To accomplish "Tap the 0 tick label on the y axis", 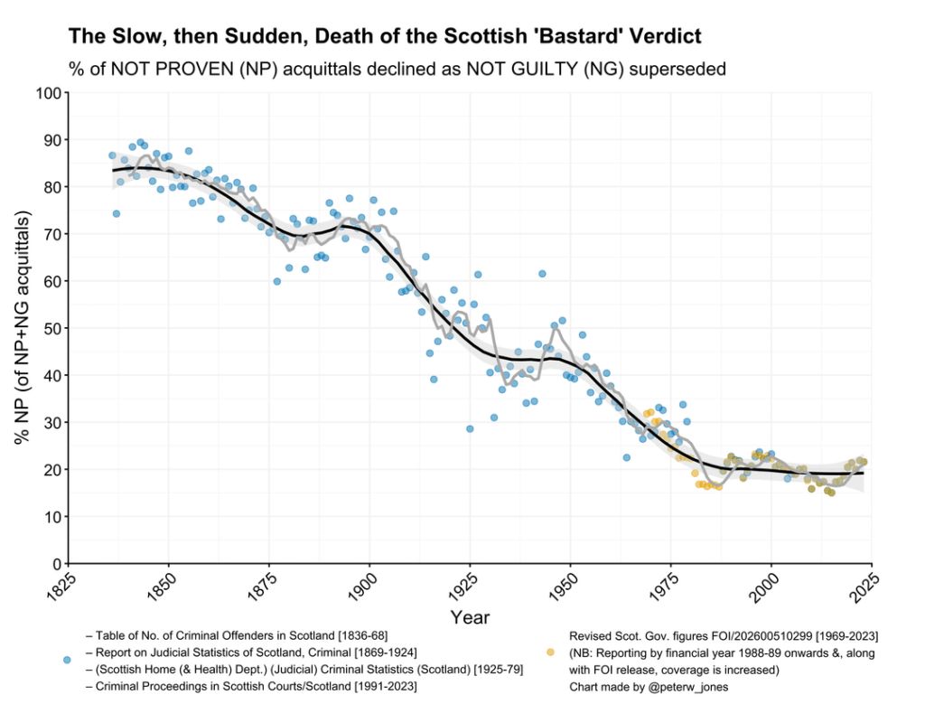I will pyautogui.click(x=54, y=564).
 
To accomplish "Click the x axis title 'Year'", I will pyautogui.click(x=470, y=618).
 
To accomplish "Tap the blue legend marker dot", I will pyautogui.click(x=66, y=661).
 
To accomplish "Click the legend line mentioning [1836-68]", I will pyautogui.click(x=237, y=635).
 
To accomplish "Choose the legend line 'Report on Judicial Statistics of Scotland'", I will pyautogui.click(x=250, y=652).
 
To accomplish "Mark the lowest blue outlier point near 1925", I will pyautogui.click(x=470, y=428).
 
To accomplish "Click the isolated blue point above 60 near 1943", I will pyautogui.click(x=542, y=273).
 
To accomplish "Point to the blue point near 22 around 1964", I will pyautogui.click(x=626, y=457).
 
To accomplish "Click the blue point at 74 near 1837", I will pyautogui.click(x=116, y=213).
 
